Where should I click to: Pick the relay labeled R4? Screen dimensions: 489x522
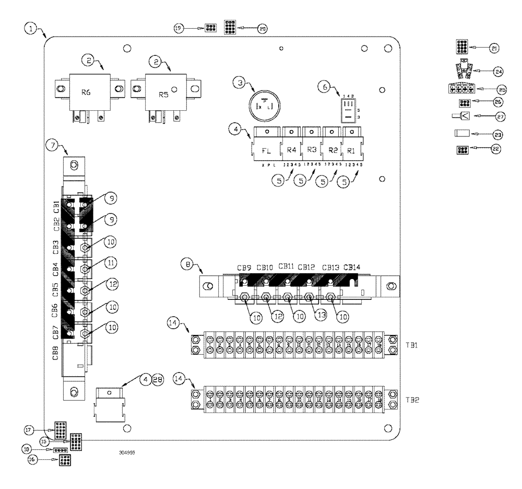291,150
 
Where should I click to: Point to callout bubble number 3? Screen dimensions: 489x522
239,83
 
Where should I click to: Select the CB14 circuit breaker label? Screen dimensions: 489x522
352,268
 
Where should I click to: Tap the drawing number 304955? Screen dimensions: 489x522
127,453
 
